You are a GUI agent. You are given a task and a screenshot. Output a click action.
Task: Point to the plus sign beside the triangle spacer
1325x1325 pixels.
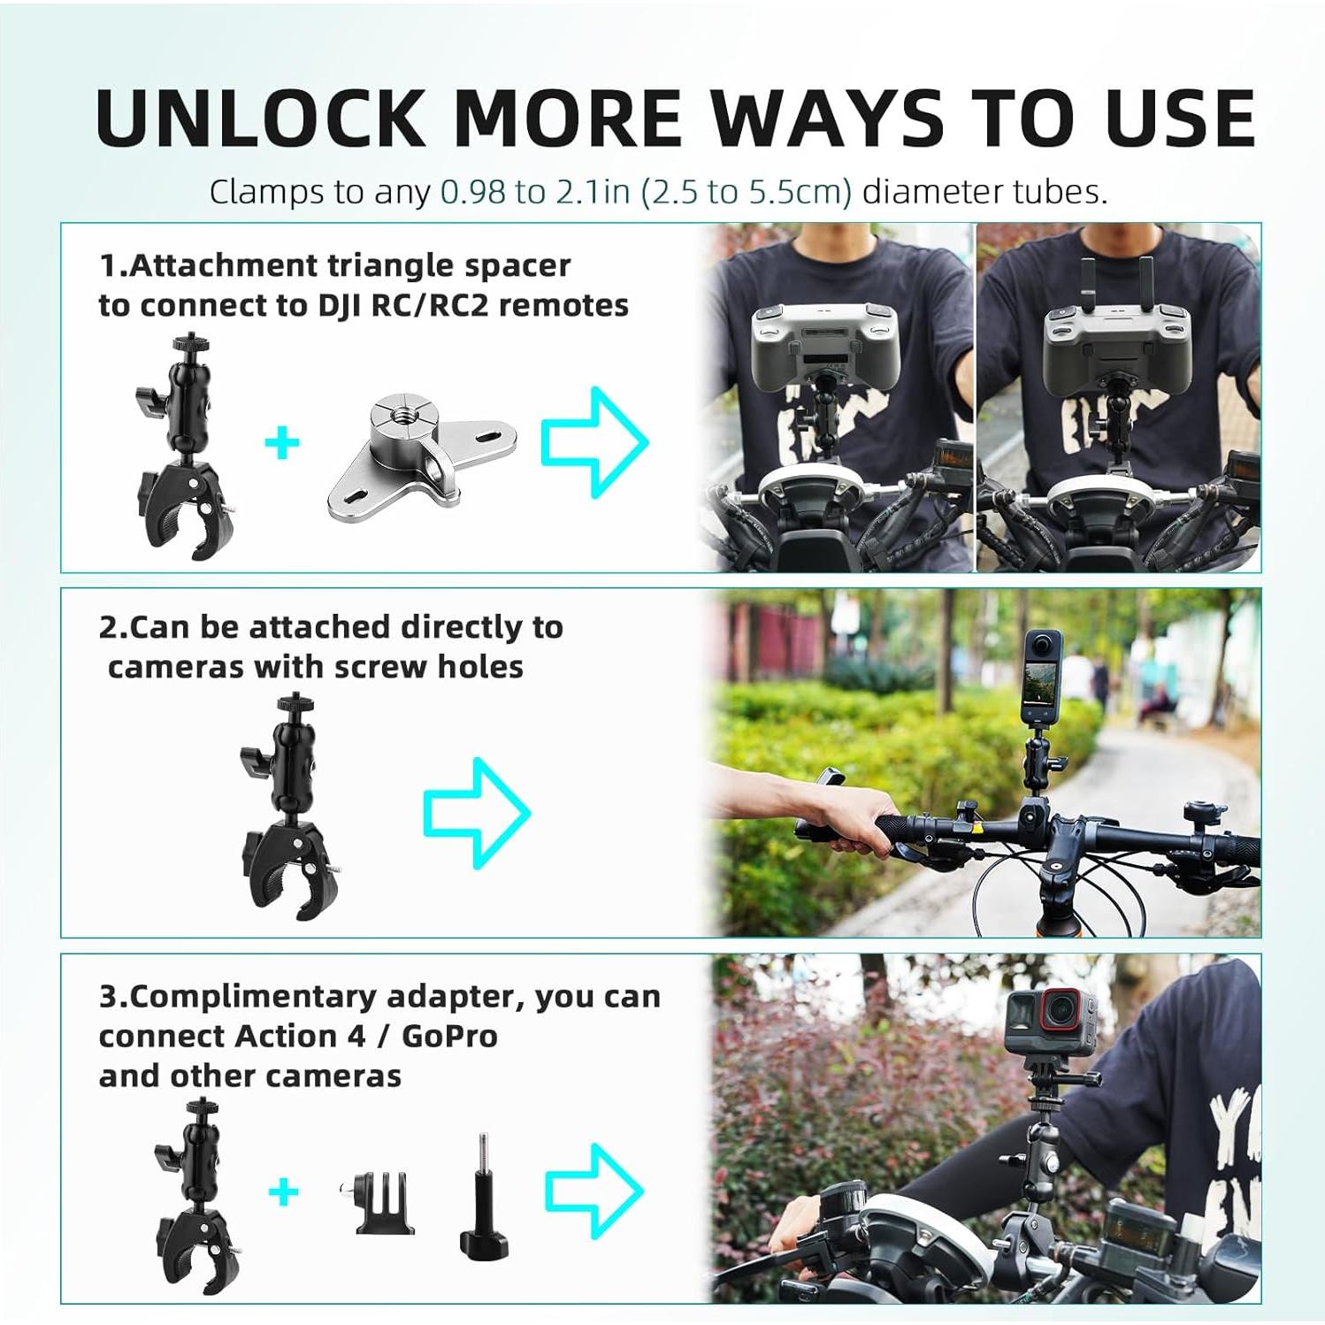[x=282, y=442]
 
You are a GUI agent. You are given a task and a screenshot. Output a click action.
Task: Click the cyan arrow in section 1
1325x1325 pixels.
[x=594, y=441]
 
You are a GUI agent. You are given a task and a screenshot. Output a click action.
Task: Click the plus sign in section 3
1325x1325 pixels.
[x=283, y=1192]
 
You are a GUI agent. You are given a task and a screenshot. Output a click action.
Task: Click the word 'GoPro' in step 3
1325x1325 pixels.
[x=449, y=1036]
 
